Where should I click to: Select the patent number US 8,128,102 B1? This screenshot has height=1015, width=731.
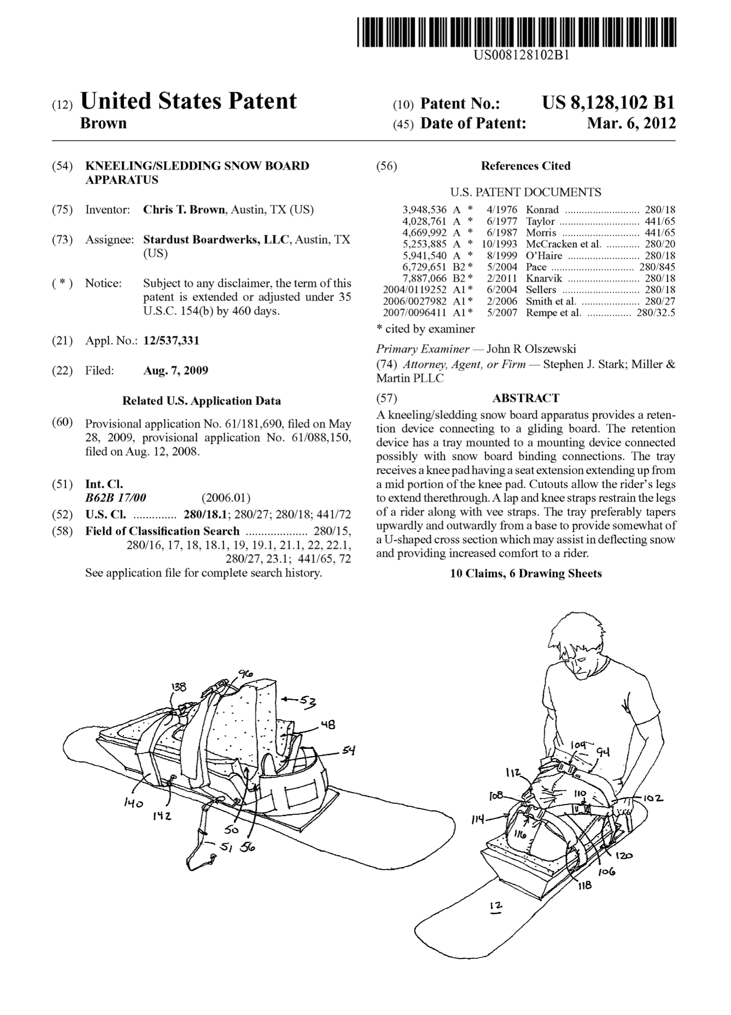[x=608, y=103]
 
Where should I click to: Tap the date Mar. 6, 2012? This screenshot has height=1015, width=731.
[x=631, y=123]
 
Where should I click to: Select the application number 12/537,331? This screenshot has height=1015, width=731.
[x=171, y=341]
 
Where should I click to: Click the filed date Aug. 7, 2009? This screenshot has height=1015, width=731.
[x=176, y=370]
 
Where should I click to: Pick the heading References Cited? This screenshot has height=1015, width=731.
[x=525, y=166]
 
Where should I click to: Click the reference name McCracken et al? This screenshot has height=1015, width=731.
[x=563, y=244]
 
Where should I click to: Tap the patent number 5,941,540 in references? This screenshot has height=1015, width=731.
[x=424, y=256]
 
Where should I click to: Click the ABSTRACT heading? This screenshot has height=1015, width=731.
[x=525, y=398]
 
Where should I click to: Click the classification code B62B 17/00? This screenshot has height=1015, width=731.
[x=116, y=498]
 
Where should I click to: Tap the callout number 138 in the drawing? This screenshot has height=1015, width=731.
[x=179, y=687]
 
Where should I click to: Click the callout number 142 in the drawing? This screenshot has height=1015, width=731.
[x=162, y=817]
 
